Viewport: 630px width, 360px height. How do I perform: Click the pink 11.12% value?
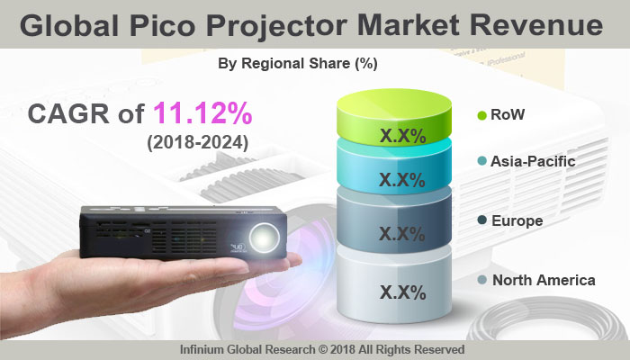pos(202,114)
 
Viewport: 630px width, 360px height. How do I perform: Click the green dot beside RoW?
pos(482,115)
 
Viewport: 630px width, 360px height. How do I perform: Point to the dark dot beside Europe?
pos(482,220)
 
